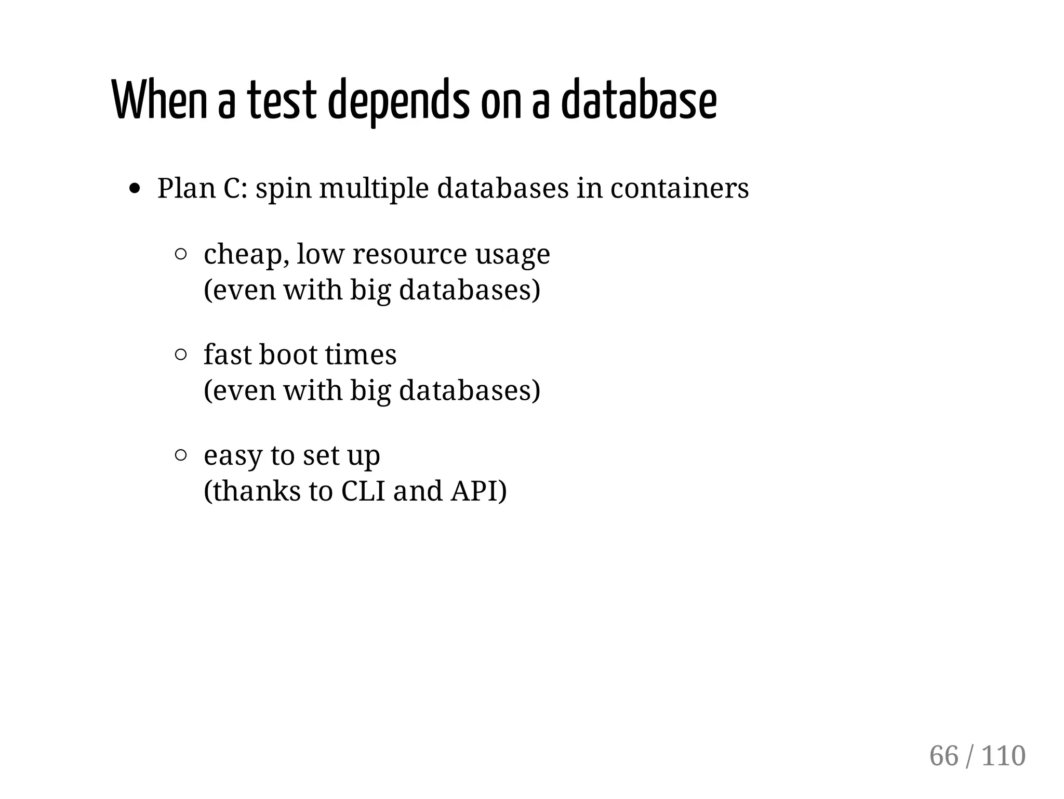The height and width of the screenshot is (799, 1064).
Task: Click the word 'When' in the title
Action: pos(159,100)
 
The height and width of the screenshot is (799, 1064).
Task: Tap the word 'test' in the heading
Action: pos(281,100)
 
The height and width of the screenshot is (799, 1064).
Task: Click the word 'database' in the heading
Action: pos(639,100)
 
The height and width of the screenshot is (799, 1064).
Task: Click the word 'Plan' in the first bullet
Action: pos(186,188)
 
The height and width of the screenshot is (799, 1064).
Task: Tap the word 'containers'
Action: pos(679,188)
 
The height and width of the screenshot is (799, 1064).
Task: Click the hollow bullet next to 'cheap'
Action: pos(181,254)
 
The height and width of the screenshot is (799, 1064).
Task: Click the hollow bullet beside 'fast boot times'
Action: pos(181,355)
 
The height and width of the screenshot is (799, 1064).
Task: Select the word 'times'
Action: pos(361,355)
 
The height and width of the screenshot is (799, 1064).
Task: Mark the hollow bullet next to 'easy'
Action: pos(181,456)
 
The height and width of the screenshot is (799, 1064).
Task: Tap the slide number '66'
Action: pos(943,756)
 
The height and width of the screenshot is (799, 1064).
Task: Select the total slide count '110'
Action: pos(1003,756)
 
